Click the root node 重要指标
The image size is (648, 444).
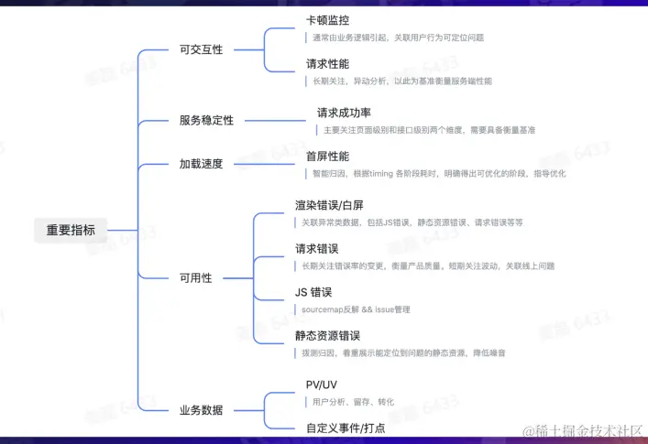pos(71,230)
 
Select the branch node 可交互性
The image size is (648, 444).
pos(201,49)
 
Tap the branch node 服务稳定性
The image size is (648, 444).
pos(206,120)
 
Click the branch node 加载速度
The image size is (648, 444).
pos(201,164)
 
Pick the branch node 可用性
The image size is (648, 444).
pos(195,277)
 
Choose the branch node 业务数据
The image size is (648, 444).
pos(201,410)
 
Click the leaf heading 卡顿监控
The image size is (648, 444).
pos(327,19)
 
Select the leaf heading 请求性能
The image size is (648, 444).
pos(327,63)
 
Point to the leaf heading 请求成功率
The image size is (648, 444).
pos(344,113)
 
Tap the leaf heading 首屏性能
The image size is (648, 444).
pos(327,157)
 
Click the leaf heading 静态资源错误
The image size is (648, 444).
pos(327,336)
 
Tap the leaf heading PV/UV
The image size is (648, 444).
pos(322,384)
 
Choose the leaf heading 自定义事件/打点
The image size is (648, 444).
pos(345,428)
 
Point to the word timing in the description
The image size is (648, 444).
pos(392,174)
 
